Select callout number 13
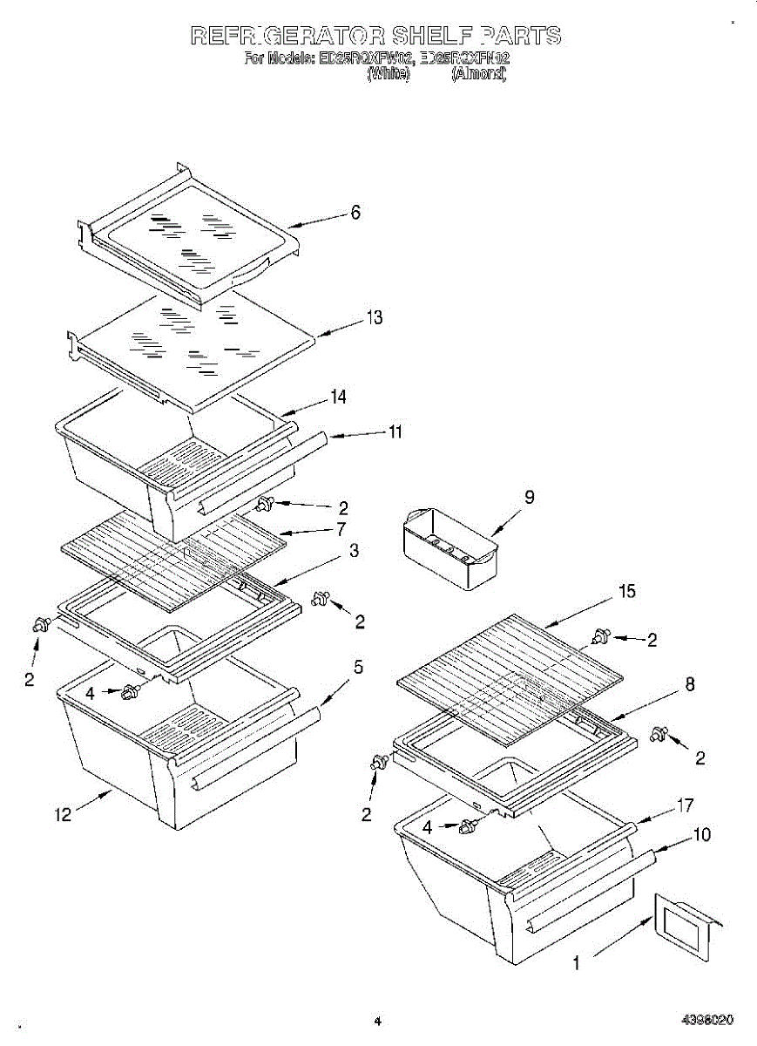coord(375,318)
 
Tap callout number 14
coord(339,397)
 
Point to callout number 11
coord(395,431)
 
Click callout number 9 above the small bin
coord(530,497)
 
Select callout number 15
coord(626,592)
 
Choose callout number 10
coord(702,835)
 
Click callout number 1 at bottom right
coord(576,963)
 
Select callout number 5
coord(358,668)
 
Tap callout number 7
coord(341,529)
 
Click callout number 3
coord(354,551)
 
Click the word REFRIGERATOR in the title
coord(288,36)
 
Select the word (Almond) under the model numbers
coord(477,75)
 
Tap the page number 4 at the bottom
coord(378,1020)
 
